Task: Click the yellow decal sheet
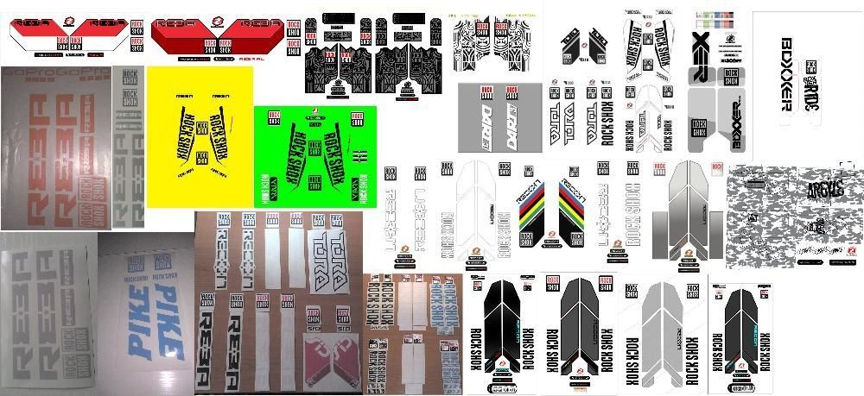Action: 200,136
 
